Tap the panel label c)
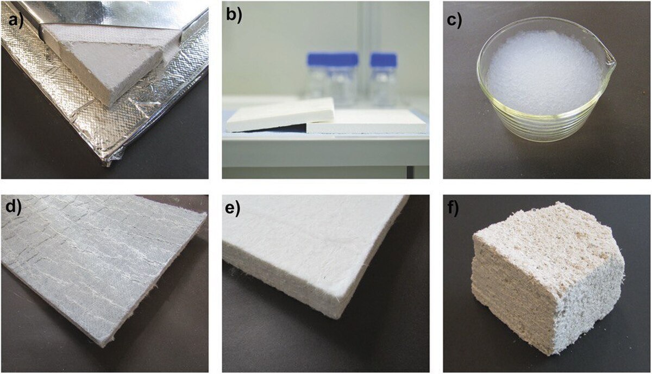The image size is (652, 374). (x=454, y=21)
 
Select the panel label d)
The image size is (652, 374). (x=14, y=208)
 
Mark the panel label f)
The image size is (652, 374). (x=453, y=208)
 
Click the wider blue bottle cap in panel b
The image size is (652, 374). (x=333, y=59)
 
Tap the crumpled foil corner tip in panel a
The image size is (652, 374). (x=108, y=165)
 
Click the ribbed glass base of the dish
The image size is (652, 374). (x=544, y=125)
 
